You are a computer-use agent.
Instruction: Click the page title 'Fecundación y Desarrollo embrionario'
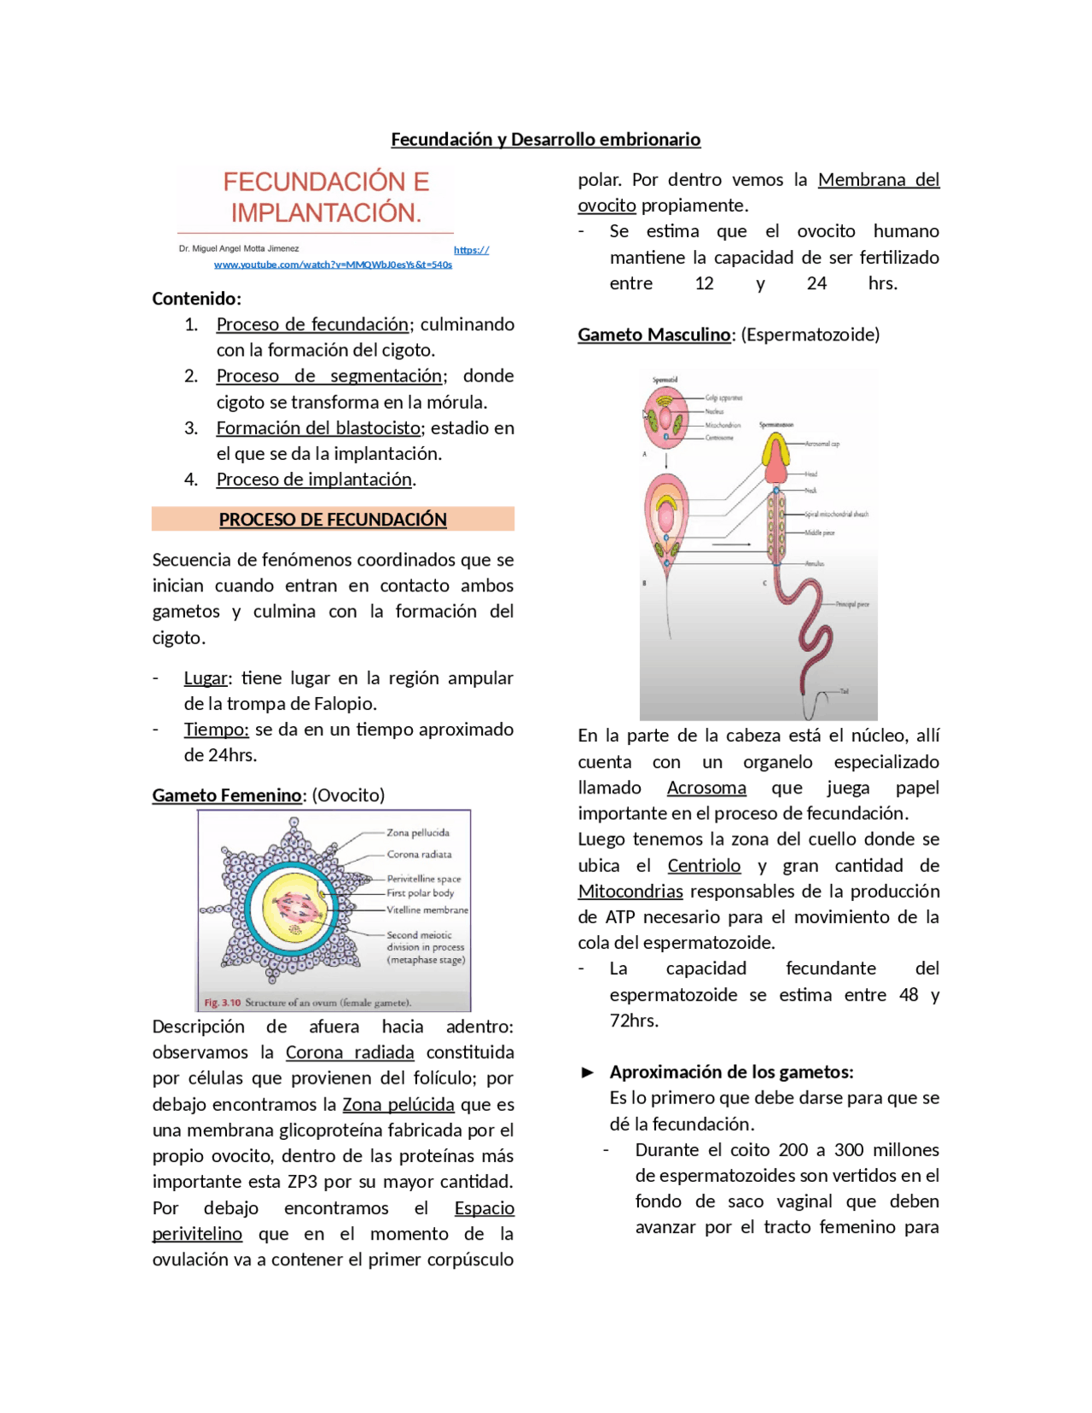pos(545,139)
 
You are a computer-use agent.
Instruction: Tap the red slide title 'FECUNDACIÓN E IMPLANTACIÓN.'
pos(326,197)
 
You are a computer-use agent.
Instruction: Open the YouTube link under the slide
pos(333,265)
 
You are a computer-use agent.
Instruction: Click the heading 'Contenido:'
pos(196,299)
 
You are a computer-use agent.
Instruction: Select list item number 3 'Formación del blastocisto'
pos(318,427)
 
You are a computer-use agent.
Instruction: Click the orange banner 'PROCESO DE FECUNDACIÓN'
pos(333,519)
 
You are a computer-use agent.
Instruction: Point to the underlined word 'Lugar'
pos(206,677)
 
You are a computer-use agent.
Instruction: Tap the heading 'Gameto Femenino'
pos(227,794)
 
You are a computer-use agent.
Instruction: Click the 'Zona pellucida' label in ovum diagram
pos(417,832)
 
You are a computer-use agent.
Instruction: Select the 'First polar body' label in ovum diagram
pos(420,893)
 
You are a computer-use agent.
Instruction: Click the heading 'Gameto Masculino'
pos(653,334)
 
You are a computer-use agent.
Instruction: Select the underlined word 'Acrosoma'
pos(706,788)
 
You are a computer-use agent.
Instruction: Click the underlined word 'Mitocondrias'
pos(630,891)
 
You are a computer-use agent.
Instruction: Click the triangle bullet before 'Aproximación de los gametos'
pos(587,1073)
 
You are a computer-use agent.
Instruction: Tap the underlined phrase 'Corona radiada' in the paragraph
pos(349,1052)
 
